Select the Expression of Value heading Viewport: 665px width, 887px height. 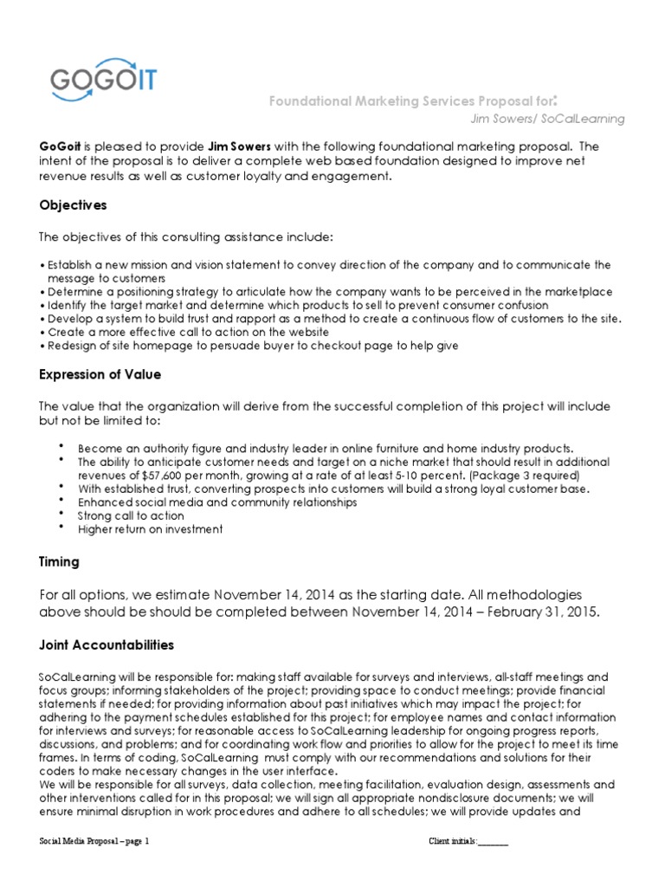[100, 374]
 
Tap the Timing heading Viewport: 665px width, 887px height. [60, 561]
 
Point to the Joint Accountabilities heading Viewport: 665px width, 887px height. [107, 644]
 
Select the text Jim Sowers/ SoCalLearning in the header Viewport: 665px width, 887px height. [546, 118]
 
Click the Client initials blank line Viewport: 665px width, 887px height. [493, 842]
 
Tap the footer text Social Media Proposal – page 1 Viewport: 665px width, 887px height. [95, 842]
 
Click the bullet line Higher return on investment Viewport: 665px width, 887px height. [150, 529]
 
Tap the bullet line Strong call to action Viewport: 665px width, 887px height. [131, 515]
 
